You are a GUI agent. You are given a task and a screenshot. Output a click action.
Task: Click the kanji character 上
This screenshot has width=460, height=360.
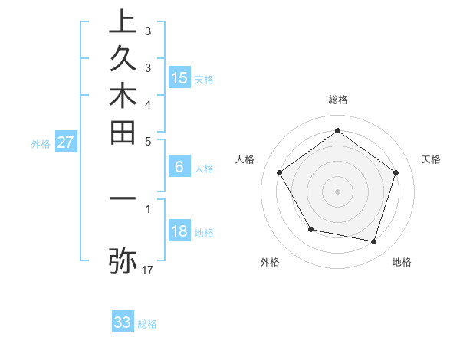pos(123,23)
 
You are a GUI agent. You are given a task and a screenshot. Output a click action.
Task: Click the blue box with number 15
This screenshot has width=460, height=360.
pos(179,78)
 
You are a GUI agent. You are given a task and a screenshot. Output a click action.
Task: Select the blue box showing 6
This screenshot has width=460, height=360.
pos(179,168)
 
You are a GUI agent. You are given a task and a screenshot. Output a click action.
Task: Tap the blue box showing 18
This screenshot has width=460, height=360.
pos(179,232)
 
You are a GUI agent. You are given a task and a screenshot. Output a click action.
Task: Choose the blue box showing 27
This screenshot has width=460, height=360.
pos(66,142)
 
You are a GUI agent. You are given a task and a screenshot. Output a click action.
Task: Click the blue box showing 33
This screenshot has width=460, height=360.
pos(123,322)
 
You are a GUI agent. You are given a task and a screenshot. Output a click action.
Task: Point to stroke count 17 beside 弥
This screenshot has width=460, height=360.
pos(148,270)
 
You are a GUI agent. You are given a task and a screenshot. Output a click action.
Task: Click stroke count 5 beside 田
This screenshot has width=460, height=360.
pos(148,141)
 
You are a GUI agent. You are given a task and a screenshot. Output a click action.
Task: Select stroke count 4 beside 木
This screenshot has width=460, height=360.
pos(148,104)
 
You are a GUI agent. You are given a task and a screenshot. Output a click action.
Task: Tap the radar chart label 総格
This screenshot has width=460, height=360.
pos(338,100)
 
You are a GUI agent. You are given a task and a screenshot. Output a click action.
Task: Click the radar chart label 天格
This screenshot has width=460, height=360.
pos(432,159)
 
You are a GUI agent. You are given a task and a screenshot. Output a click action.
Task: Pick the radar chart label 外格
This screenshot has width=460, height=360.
pos(270,262)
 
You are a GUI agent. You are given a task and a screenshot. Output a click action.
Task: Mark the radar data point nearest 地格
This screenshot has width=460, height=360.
pos(374,242)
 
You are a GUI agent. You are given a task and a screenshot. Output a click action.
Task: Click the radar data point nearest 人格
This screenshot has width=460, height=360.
pos(280,172)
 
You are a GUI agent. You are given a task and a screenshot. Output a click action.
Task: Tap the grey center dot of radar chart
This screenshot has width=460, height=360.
pos(338,191)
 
